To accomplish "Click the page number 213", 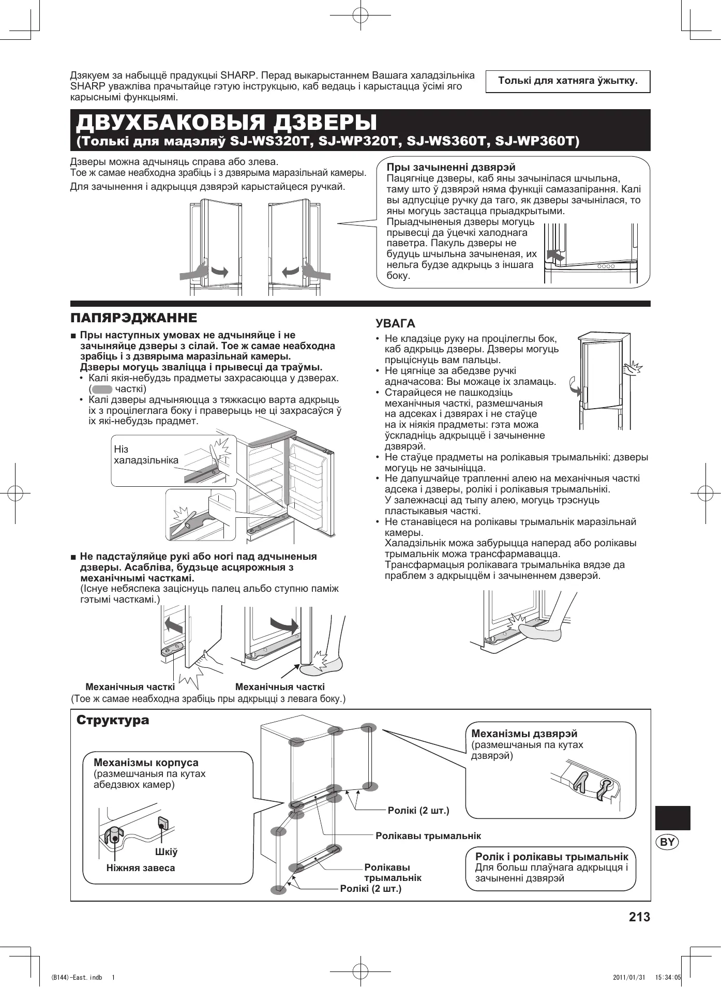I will [639, 917].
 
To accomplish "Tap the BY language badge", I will [668, 842].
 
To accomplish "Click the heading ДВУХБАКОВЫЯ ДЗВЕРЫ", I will [227, 123].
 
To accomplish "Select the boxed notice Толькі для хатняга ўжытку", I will [567, 81].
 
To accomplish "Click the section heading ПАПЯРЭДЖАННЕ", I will [134, 317].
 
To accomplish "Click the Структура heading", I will [113, 720].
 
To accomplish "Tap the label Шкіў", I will [166, 852].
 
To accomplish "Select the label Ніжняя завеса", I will [141, 868].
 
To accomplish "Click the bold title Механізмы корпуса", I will [146, 762].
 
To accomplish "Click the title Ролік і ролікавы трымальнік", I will [551, 857].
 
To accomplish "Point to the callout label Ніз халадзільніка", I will [146, 455].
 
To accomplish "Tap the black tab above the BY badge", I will [672, 818].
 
